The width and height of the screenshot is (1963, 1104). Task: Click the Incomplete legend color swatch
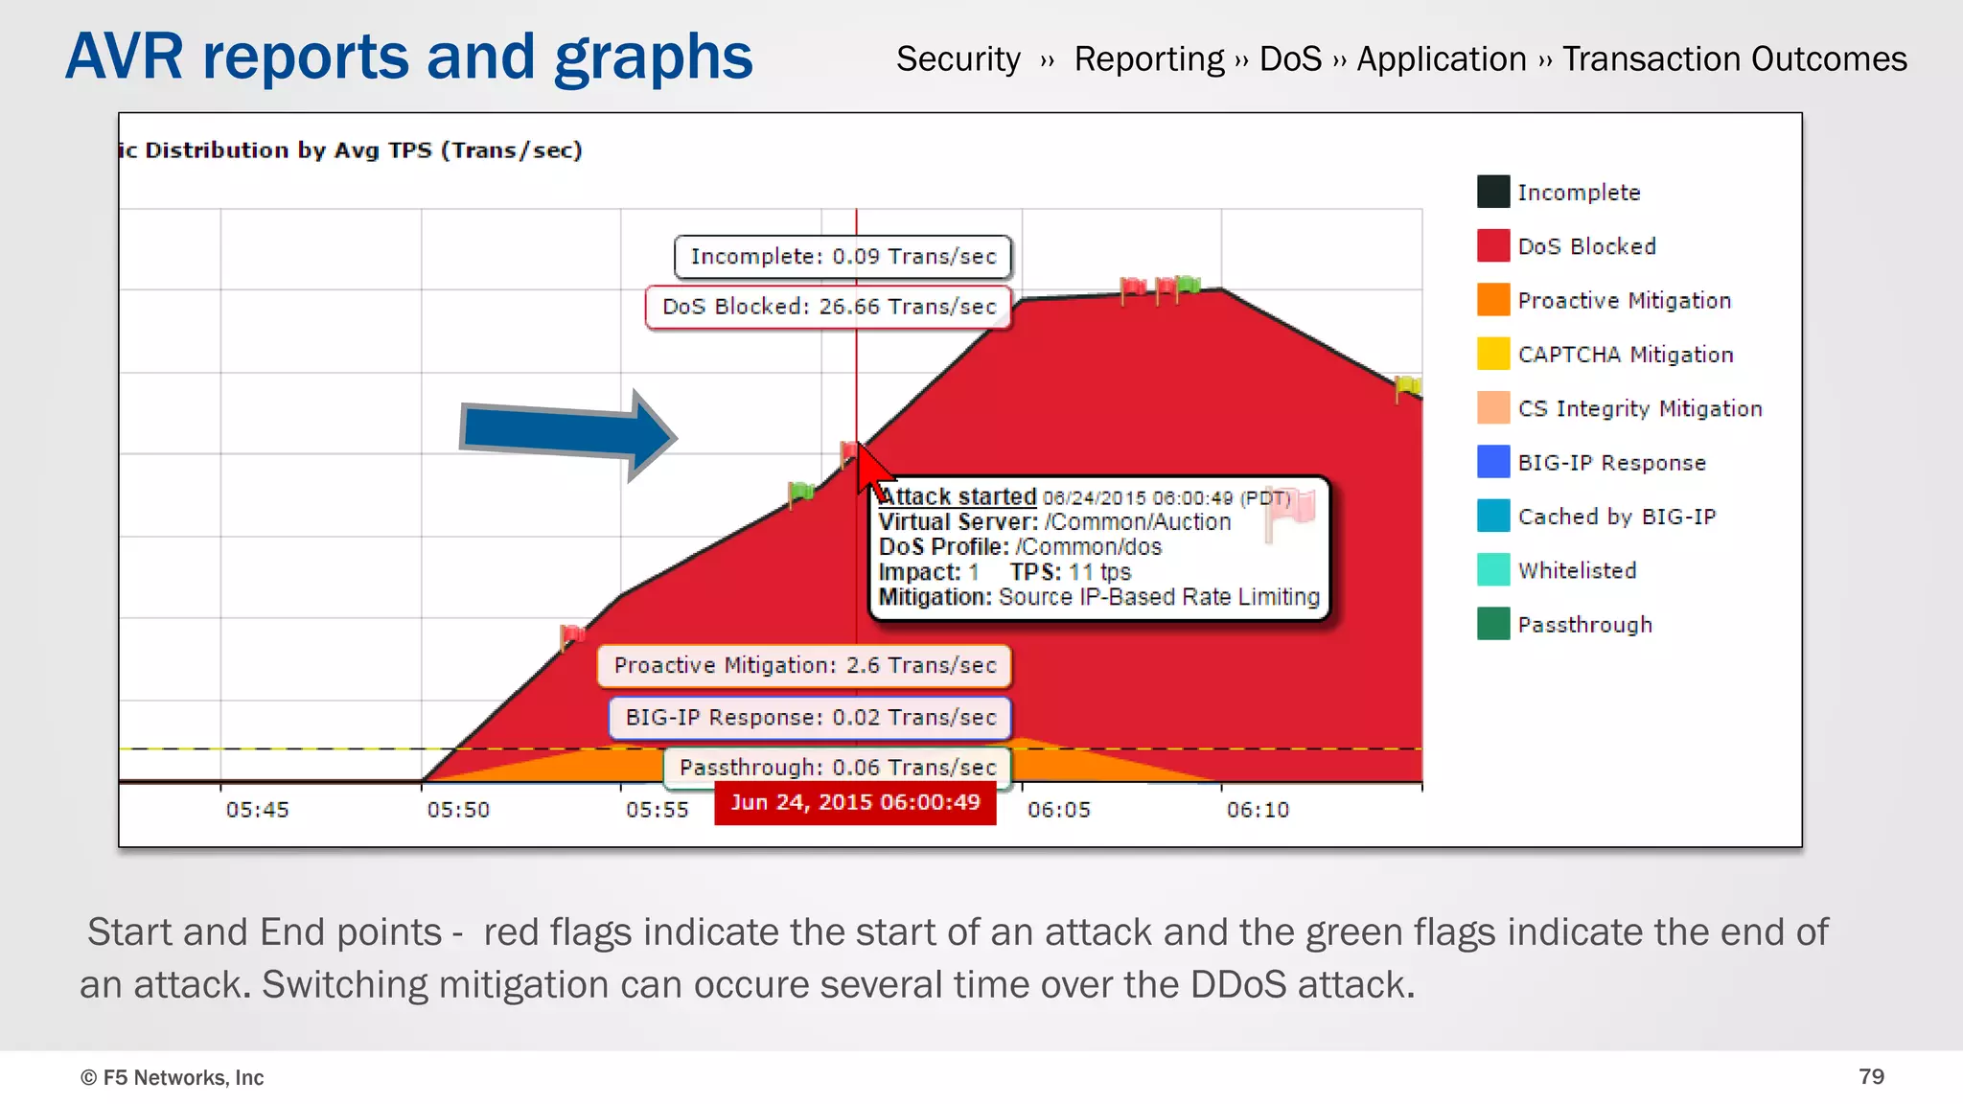pos(1492,192)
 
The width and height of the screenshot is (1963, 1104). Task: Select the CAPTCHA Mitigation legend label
pos(1626,355)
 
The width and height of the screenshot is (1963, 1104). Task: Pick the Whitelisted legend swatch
pos(1492,570)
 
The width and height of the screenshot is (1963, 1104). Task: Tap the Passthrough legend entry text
pos(1584,625)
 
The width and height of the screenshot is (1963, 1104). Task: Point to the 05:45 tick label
pos(257,811)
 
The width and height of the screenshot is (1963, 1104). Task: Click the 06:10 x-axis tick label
pos(1258,811)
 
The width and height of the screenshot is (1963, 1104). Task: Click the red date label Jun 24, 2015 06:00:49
pos(855,803)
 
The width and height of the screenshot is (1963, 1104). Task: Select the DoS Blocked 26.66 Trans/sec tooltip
pos(829,307)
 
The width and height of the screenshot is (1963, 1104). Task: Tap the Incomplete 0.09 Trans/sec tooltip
pos(843,257)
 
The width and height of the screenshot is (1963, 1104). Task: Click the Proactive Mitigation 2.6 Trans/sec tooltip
pos(804,666)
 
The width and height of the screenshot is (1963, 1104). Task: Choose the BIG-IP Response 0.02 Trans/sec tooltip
pos(810,718)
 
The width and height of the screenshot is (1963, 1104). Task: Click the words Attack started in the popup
pos(958,497)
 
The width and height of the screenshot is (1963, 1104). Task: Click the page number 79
pos(1871,1077)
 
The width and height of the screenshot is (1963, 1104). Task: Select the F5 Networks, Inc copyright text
pos(173,1078)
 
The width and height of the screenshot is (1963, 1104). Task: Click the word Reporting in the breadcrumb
pos(1148,59)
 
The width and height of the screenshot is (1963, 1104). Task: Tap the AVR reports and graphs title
pos(409,57)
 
